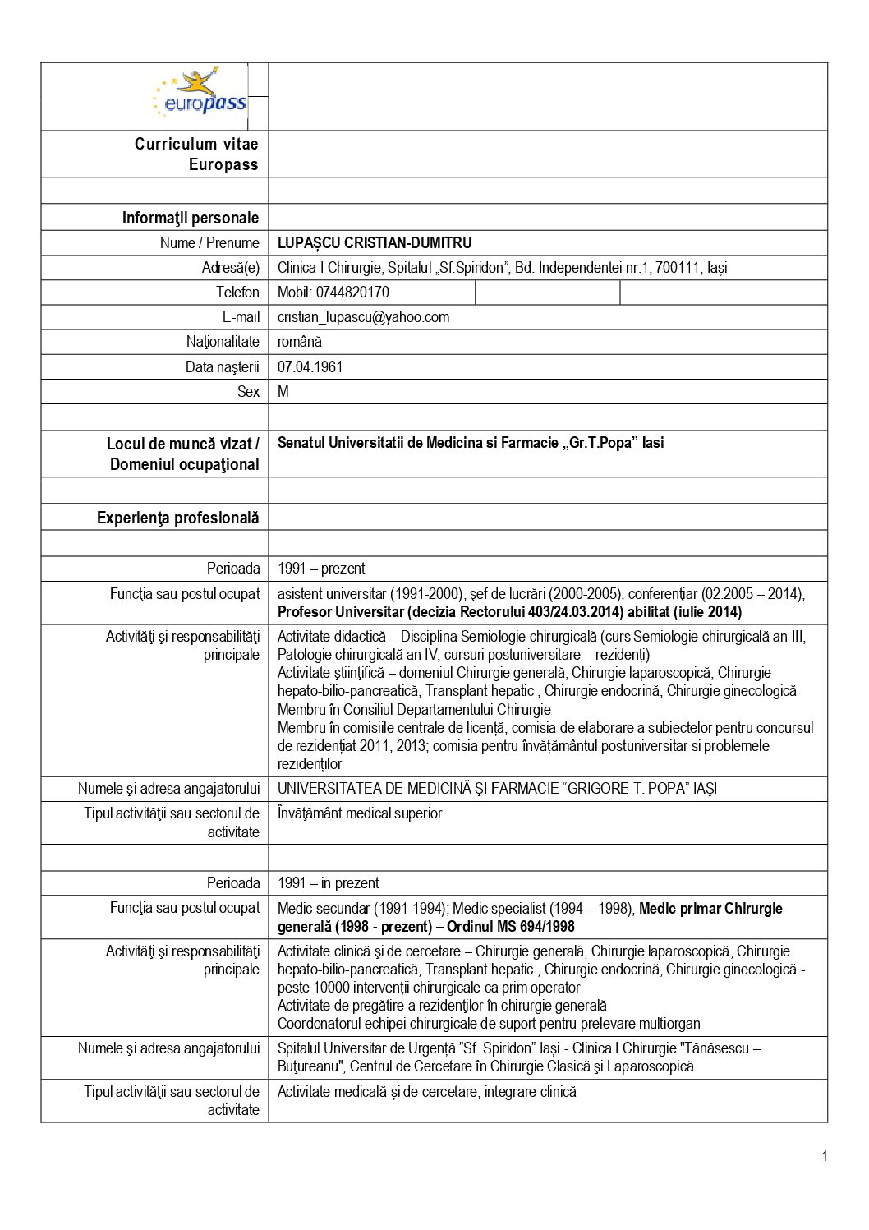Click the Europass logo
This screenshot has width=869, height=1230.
click(200, 93)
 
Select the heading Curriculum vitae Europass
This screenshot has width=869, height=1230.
click(197, 154)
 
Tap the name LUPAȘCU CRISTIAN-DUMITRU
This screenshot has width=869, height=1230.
click(375, 243)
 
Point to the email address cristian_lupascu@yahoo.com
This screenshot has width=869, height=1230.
click(363, 317)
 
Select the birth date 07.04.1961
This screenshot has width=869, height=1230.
click(310, 367)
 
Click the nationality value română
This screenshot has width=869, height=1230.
click(300, 342)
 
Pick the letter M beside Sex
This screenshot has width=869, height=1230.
click(283, 392)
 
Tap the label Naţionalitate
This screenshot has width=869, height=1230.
click(223, 342)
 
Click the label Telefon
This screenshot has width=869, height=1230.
click(237, 293)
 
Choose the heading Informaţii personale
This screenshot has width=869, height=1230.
click(191, 218)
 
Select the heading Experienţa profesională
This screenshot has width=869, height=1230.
click(178, 518)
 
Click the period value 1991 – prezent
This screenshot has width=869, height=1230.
click(321, 569)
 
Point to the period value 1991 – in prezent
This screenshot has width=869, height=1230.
click(329, 883)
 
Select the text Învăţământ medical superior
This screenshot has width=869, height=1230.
click(360, 813)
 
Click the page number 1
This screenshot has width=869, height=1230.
click(824, 1157)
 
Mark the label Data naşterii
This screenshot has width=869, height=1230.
click(222, 367)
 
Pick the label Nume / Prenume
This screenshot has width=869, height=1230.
click(209, 243)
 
